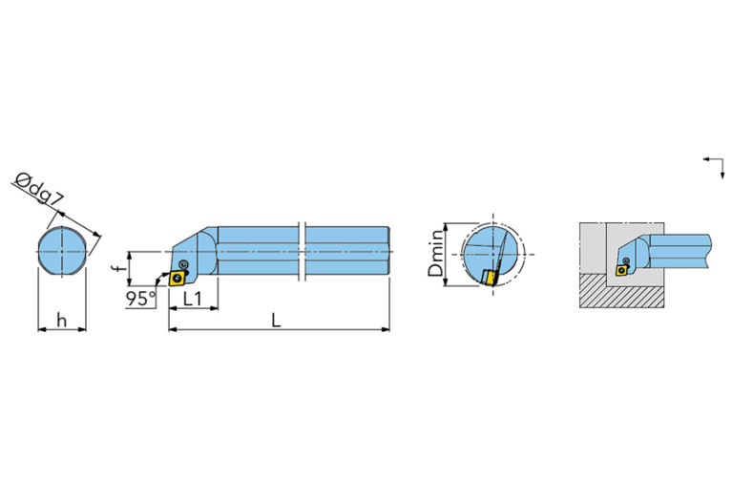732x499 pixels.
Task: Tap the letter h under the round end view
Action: point(61,321)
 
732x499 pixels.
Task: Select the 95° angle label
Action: point(140,299)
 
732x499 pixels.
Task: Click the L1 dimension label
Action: point(193,298)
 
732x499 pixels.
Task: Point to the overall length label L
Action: point(276,321)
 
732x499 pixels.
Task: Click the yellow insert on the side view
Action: point(177,278)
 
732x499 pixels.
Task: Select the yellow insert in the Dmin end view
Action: point(490,277)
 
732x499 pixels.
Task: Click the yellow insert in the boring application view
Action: point(622,270)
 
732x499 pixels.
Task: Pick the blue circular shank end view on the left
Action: point(62,253)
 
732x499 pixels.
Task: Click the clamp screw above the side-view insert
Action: point(184,263)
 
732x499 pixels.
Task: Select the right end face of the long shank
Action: point(388,252)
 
